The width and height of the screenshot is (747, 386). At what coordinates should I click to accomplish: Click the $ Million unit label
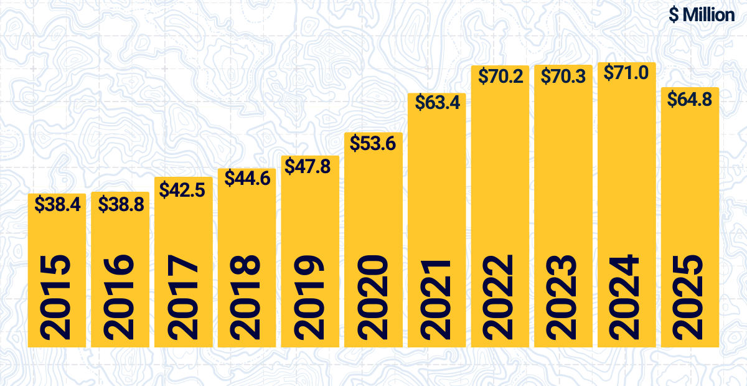[702, 14]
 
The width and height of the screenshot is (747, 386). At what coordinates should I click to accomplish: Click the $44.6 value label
[247, 179]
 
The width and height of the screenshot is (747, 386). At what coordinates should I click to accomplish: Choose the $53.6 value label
[372, 143]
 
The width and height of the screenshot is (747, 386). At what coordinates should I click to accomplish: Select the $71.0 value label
[627, 73]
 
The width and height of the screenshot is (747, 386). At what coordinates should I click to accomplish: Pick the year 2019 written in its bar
[310, 298]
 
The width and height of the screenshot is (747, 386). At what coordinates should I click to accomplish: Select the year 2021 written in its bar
[436, 298]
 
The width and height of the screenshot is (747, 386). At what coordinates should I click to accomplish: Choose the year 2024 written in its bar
[626, 298]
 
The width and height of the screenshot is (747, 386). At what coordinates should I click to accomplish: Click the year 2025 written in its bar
[690, 298]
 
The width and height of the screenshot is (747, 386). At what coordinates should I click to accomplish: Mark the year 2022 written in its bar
[500, 298]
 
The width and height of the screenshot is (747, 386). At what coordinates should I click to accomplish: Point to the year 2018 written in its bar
[247, 298]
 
